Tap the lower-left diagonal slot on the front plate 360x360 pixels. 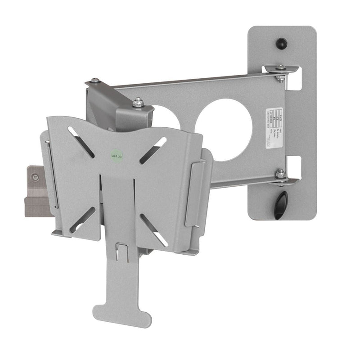82,219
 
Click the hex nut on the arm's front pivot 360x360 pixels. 138,103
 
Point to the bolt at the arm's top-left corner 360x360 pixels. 95,81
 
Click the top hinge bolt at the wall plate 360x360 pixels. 280,69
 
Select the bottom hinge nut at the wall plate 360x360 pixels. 280,173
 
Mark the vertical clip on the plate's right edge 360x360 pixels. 193,194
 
